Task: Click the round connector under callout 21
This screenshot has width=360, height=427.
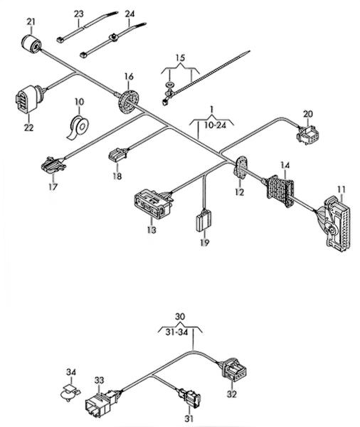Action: [x=31, y=44]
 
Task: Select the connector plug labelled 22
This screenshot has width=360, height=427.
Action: [x=28, y=99]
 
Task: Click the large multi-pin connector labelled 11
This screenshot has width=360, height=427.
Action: [x=335, y=225]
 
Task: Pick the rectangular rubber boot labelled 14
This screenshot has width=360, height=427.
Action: [x=280, y=191]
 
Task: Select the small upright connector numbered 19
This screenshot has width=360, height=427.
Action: [x=204, y=221]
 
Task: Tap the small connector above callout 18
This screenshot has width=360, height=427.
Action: [x=118, y=154]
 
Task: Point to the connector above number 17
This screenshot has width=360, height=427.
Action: [x=53, y=165]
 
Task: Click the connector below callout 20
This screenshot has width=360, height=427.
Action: [x=308, y=135]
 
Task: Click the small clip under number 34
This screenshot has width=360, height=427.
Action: [x=70, y=393]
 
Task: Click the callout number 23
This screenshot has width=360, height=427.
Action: [x=79, y=14]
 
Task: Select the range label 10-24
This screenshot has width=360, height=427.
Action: [x=216, y=125]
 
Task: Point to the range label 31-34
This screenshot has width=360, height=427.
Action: [x=177, y=332]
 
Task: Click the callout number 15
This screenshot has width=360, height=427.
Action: [x=180, y=58]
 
